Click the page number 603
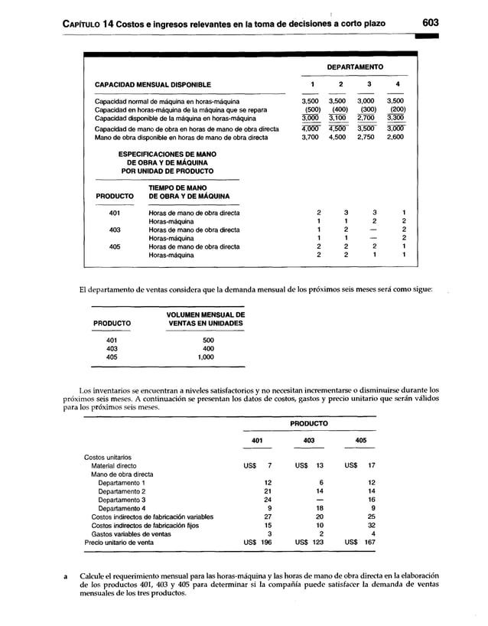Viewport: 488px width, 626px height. click(x=437, y=24)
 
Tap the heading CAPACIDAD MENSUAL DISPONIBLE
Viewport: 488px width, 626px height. click(x=153, y=84)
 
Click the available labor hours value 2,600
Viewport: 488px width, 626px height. click(x=395, y=138)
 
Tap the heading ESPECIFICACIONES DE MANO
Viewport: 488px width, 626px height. click(x=166, y=155)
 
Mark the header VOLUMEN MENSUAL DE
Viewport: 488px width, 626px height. click(x=205, y=315)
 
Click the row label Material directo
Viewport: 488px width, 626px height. click(x=114, y=465)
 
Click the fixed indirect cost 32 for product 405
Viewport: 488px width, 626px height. click(x=371, y=525)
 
